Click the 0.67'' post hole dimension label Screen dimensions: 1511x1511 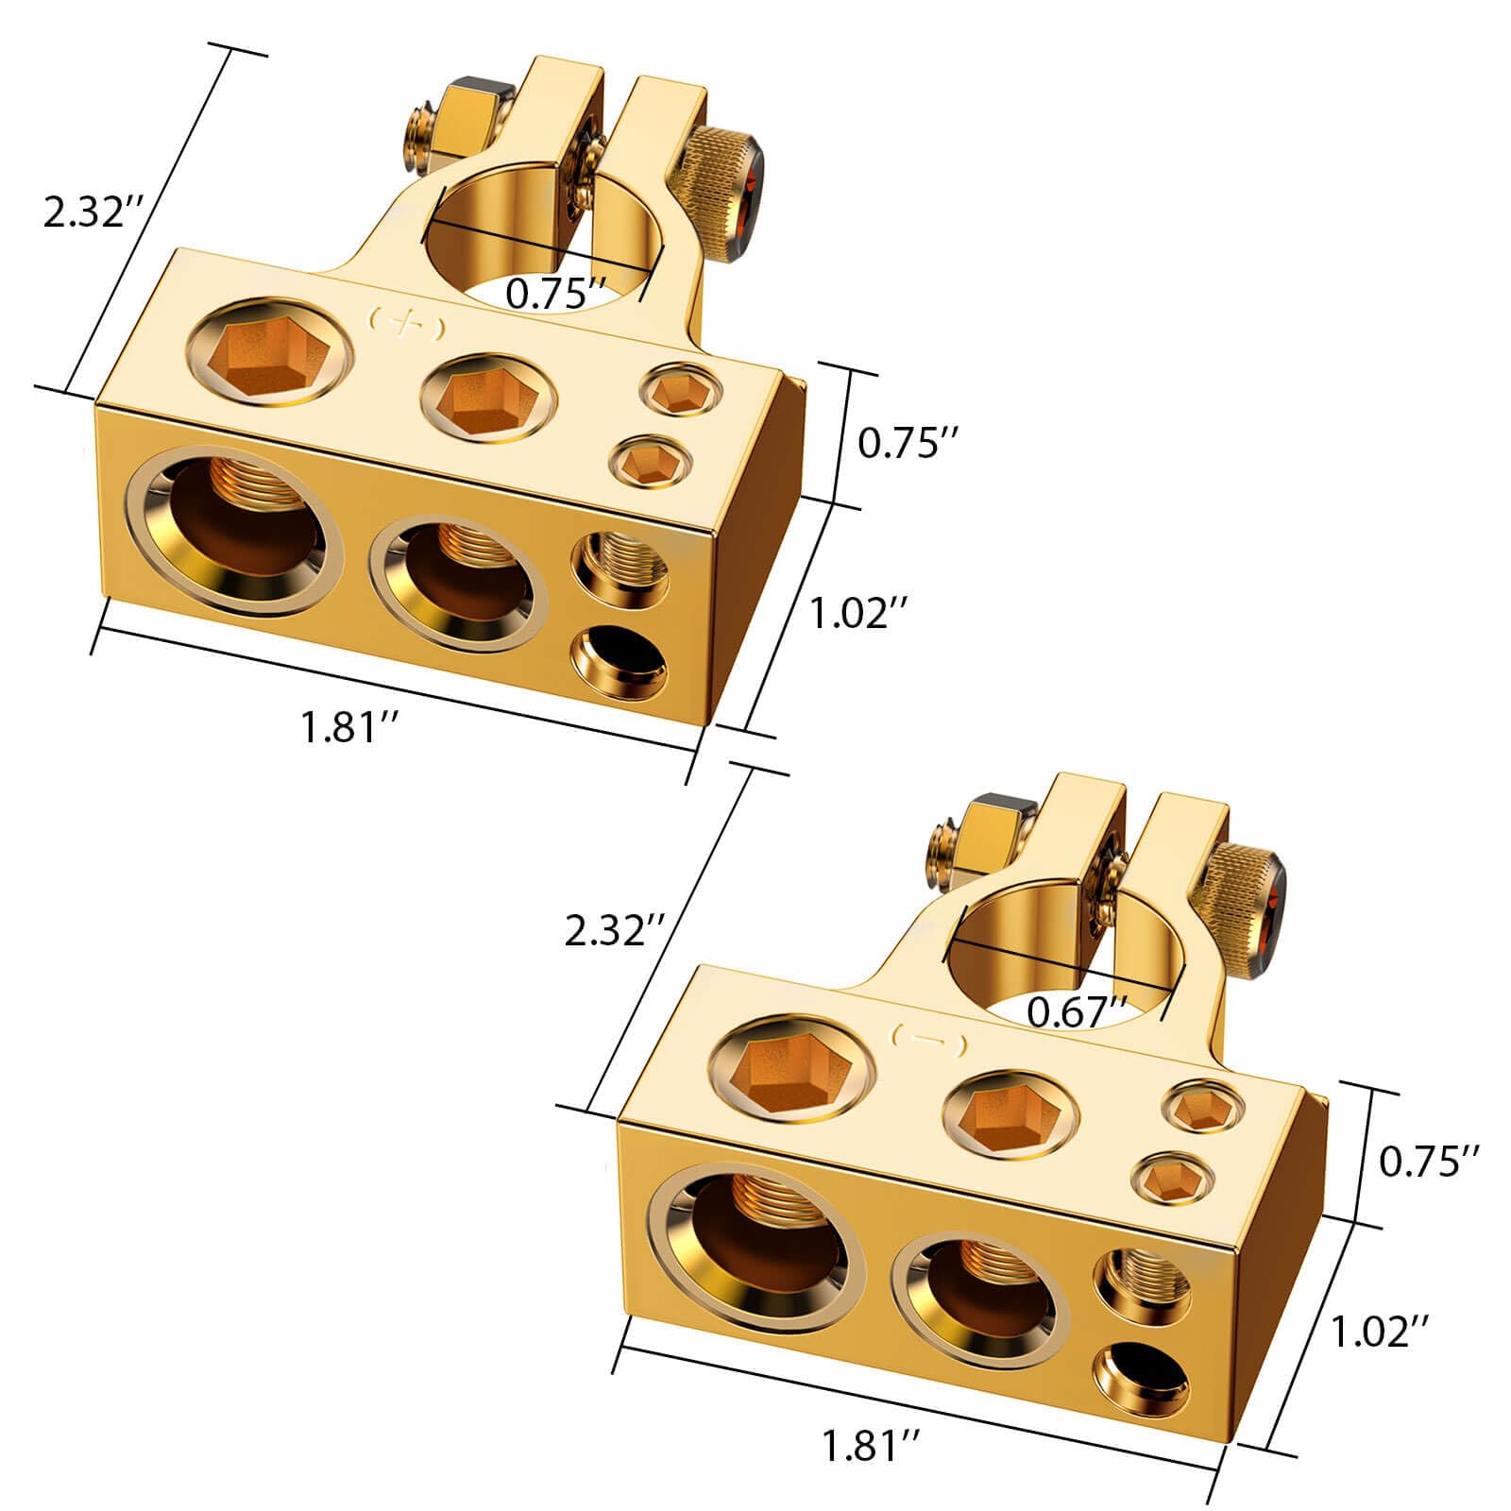[x=1077, y=1012]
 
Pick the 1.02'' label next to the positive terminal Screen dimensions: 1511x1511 [x=860, y=614]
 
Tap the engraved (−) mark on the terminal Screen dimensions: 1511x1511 [x=928, y=1042]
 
